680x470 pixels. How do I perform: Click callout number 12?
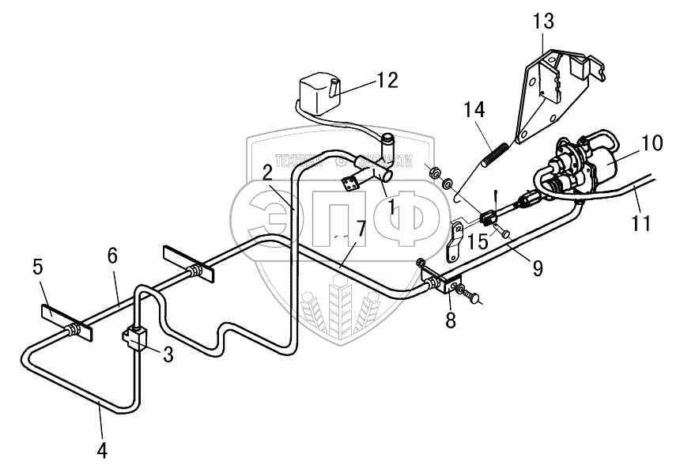[x=387, y=81]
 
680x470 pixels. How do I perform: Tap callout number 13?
[x=545, y=21]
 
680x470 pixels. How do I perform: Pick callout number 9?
[x=537, y=269]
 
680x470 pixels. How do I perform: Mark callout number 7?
[x=361, y=229]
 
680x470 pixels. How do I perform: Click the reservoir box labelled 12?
[x=318, y=94]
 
